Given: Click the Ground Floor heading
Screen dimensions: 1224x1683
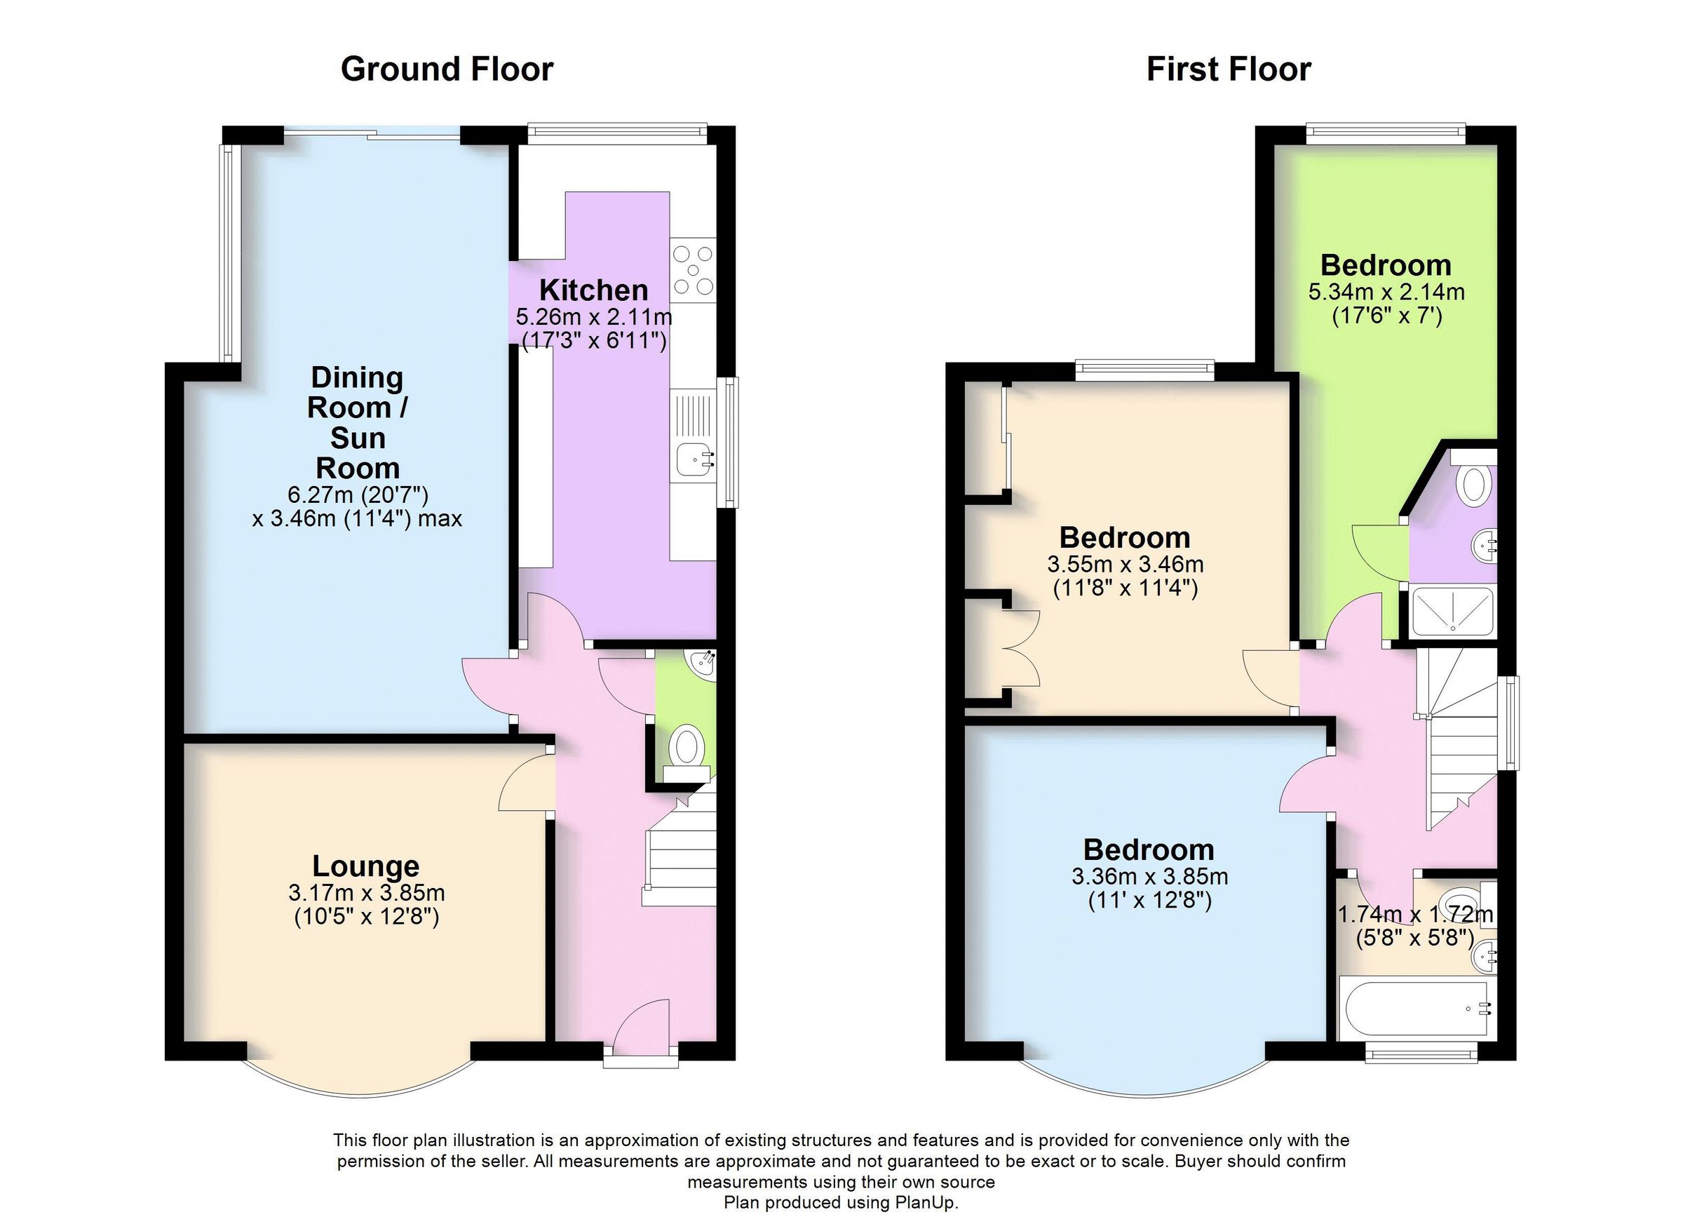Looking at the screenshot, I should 447,69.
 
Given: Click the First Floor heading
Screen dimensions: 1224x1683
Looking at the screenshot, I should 1228,69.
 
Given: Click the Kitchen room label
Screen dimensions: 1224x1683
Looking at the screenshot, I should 593,290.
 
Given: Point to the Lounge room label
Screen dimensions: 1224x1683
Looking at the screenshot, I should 365,866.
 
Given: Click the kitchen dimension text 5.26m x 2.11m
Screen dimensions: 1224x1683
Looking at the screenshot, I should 594,318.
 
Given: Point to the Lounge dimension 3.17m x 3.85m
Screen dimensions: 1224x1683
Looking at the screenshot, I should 367,892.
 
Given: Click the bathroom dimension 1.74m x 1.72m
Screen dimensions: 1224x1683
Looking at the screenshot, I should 1414,915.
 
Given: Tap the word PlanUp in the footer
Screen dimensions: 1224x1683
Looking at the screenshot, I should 929,1202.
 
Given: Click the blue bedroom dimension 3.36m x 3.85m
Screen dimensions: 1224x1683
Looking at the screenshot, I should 1149,877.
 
